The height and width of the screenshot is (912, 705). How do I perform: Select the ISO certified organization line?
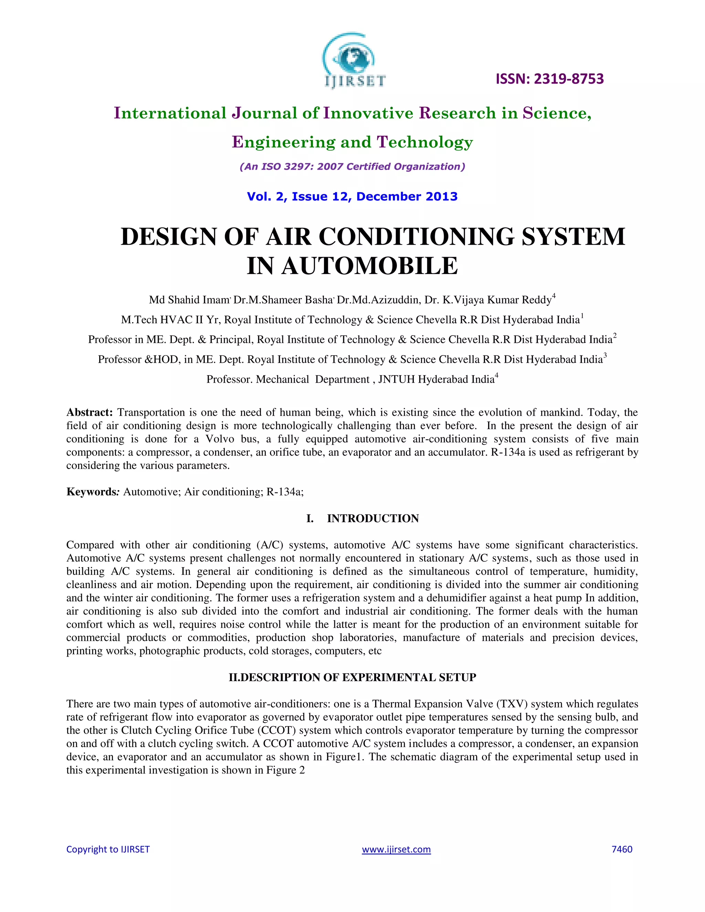(352, 167)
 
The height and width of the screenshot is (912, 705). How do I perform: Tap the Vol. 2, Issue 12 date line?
(352, 197)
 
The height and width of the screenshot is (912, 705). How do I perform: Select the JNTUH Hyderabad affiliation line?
(352, 379)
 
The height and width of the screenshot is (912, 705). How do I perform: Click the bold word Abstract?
(90, 413)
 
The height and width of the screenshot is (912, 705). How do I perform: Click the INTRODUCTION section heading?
(372, 519)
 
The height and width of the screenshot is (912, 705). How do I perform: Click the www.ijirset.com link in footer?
(396, 849)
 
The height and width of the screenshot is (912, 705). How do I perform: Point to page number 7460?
(621, 849)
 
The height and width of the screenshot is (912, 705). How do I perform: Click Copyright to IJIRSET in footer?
(108, 849)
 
